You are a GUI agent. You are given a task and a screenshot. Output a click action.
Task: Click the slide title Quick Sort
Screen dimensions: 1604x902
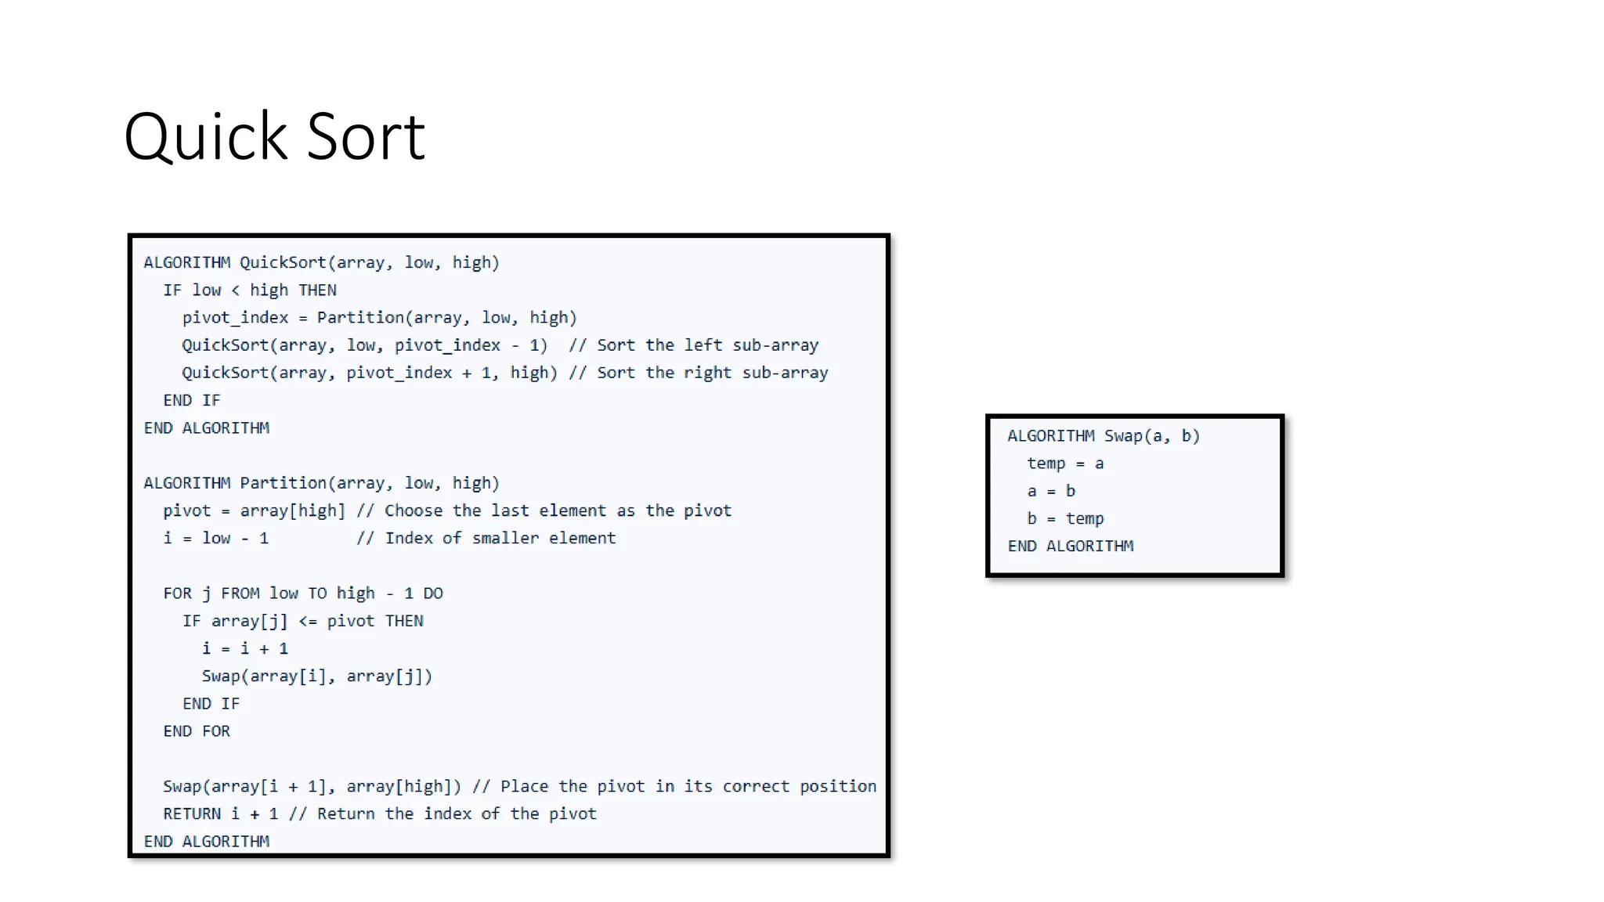click(x=274, y=136)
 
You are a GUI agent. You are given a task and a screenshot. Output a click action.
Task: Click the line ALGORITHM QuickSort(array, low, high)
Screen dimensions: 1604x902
click(x=321, y=262)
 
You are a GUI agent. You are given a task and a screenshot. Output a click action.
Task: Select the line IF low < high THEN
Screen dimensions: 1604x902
click(x=250, y=290)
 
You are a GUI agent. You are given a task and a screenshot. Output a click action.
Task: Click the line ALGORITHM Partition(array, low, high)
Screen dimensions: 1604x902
click(x=321, y=483)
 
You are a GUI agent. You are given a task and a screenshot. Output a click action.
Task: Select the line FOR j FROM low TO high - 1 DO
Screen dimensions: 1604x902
click(x=303, y=594)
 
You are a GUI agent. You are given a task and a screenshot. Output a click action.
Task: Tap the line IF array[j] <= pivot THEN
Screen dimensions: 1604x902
click(x=303, y=621)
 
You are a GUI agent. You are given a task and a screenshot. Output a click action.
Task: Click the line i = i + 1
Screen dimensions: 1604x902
click(x=245, y=648)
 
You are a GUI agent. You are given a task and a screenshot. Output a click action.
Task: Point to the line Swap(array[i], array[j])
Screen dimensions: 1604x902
click(x=317, y=676)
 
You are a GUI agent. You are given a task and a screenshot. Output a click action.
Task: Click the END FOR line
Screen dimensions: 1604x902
click(x=197, y=731)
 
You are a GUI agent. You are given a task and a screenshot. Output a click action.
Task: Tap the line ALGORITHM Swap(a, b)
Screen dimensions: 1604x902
click(x=1104, y=436)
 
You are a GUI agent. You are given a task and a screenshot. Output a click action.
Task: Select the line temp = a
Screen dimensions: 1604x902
click(x=1065, y=464)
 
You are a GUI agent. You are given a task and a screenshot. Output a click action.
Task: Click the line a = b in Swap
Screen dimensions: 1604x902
click(x=1051, y=491)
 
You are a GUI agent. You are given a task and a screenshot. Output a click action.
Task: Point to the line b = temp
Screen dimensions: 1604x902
click(x=1065, y=518)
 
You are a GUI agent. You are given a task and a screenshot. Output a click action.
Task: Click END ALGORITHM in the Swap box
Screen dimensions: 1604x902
click(x=1071, y=546)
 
